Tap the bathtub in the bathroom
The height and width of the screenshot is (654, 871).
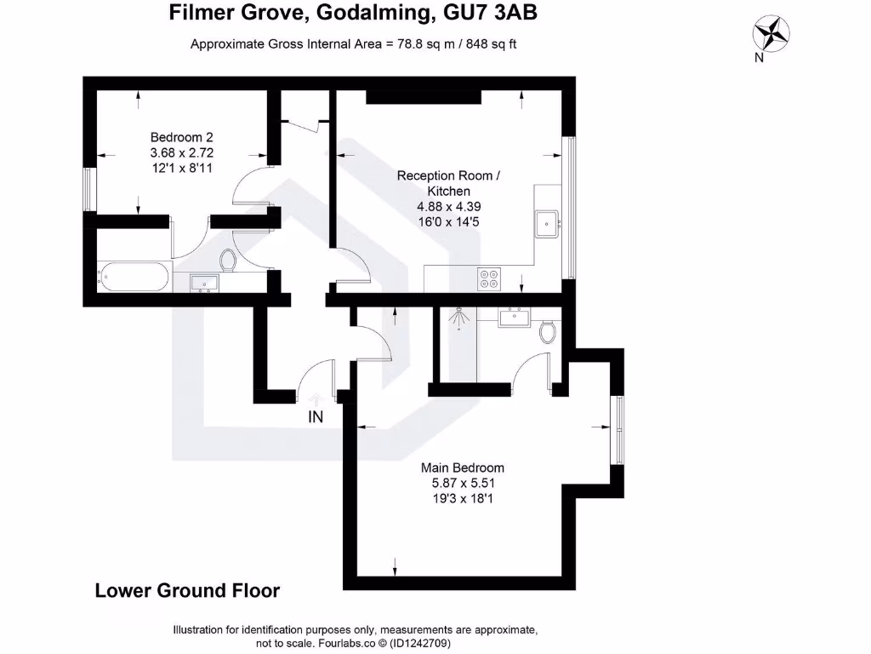pyautogui.click(x=134, y=277)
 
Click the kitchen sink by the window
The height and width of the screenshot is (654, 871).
pyautogui.click(x=546, y=224)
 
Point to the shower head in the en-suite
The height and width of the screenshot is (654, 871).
pyautogui.click(x=458, y=317)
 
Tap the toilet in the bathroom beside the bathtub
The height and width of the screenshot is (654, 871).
pyautogui.click(x=227, y=260)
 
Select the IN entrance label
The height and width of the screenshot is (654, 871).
pyautogui.click(x=316, y=416)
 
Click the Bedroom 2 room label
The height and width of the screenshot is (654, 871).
pyautogui.click(x=181, y=137)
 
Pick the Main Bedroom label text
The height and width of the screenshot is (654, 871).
pyautogui.click(x=463, y=468)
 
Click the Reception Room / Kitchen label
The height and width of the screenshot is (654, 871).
pyautogui.click(x=449, y=183)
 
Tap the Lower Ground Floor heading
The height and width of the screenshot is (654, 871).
pyautogui.click(x=187, y=590)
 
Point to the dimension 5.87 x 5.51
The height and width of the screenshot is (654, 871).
pyautogui.click(x=463, y=483)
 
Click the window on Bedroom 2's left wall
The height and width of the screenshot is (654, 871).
pyautogui.click(x=88, y=187)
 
